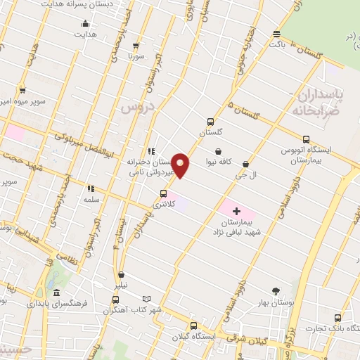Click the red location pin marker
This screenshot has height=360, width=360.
pyautogui.click(x=181, y=165)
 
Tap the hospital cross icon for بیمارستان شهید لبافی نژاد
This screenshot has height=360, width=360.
pyautogui.click(x=236, y=210)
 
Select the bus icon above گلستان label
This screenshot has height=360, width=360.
pyautogui.click(x=210, y=120)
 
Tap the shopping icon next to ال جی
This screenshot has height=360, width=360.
pyautogui.click(x=245, y=162)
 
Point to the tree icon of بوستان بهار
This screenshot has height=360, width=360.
pyautogui.click(x=275, y=291)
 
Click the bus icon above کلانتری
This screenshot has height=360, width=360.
pyautogui.click(x=164, y=193)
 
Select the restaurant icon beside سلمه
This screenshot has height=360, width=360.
pyautogui.click(x=90, y=188)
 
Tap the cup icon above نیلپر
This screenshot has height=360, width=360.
pyautogui.click(x=122, y=275)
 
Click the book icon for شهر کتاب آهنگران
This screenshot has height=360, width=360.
pyautogui.click(x=146, y=299)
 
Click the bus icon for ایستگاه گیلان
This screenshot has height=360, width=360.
pyautogui.click(x=193, y=325)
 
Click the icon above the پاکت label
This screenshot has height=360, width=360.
pyautogui.click(x=277, y=34)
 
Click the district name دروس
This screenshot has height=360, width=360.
pyautogui.click(x=134, y=107)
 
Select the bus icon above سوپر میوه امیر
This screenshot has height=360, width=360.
pyautogui.click(x=23, y=90)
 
